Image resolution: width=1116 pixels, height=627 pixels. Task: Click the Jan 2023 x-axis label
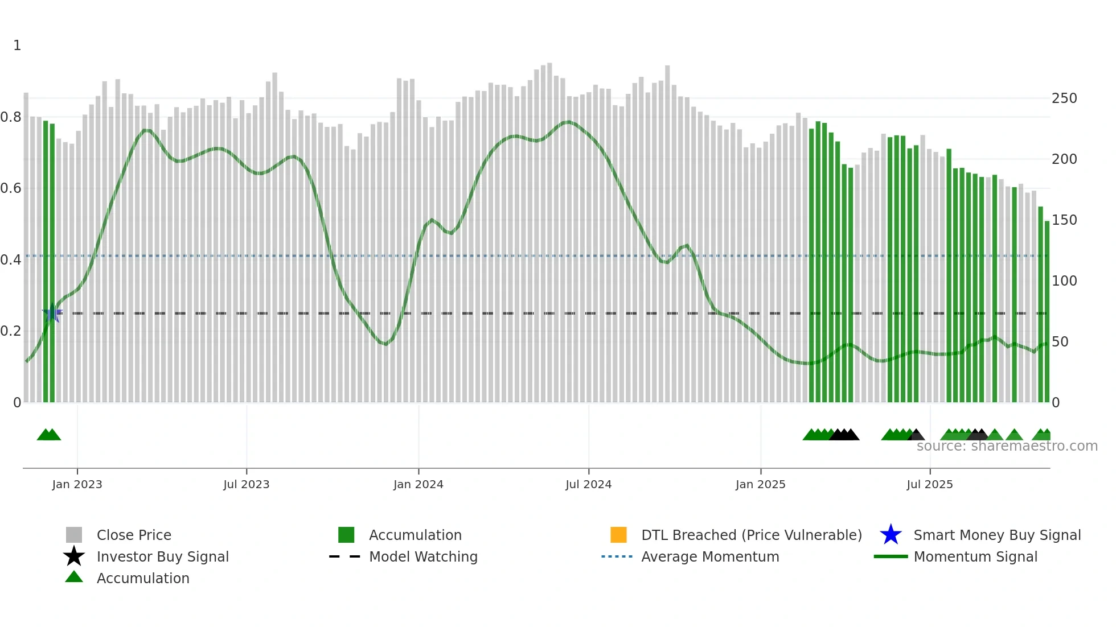(77, 485)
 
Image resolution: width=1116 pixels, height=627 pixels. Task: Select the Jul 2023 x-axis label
(246, 485)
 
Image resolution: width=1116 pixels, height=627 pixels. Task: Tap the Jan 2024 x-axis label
(418, 485)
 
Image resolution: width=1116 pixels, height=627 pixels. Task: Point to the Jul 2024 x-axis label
(588, 485)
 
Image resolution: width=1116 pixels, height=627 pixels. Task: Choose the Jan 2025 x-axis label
(760, 485)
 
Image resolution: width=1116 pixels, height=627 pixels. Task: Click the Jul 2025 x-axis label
(929, 485)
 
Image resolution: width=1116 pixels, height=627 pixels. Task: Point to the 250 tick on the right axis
(1064, 98)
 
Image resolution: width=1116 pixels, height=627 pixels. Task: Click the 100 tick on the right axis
(1064, 281)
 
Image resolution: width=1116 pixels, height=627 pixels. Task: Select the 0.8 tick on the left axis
(11, 117)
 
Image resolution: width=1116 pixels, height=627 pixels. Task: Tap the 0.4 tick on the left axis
(11, 260)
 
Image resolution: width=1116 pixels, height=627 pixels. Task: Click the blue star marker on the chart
(52, 313)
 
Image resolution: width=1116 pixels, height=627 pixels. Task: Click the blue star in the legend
(891, 535)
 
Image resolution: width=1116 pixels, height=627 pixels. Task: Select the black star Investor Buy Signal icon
(74, 556)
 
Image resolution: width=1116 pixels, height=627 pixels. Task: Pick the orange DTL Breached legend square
(618, 535)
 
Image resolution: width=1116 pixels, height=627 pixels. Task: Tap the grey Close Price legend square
(74, 535)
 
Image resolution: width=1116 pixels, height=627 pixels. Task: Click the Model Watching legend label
(423, 557)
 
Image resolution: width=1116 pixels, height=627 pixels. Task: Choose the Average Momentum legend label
(710, 557)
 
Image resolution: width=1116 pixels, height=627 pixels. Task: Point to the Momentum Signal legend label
(975, 557)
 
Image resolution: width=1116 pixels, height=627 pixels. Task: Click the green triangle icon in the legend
(74, 577)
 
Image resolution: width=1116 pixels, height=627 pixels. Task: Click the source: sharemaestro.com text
(1007, 446)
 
